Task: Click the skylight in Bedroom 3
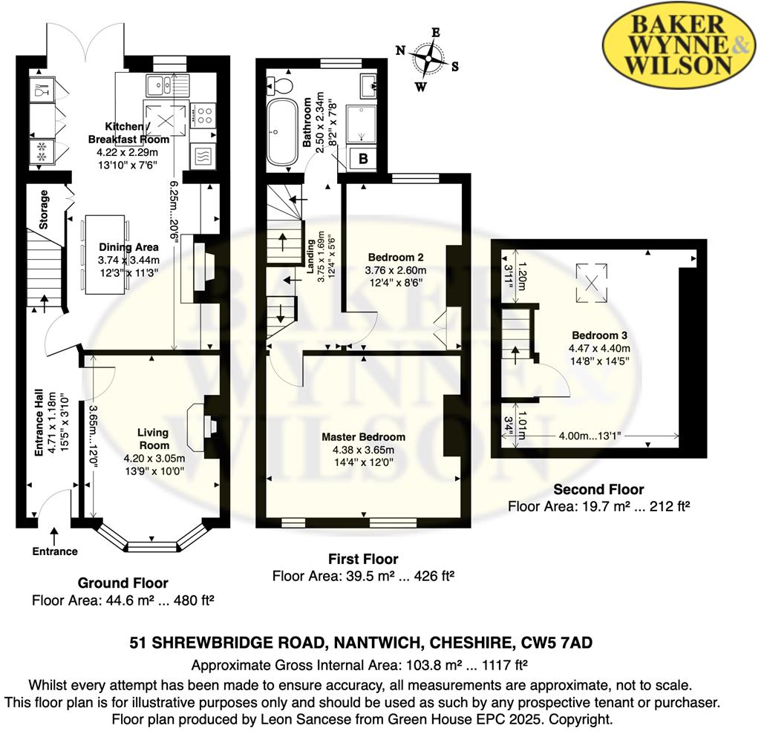[592, 282]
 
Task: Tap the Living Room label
[154, 438]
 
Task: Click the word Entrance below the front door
[55, 551]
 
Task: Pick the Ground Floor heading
[123, 583]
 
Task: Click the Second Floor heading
[599, 490]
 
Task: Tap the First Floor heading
[363, 559]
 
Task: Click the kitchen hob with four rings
[203, 114]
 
